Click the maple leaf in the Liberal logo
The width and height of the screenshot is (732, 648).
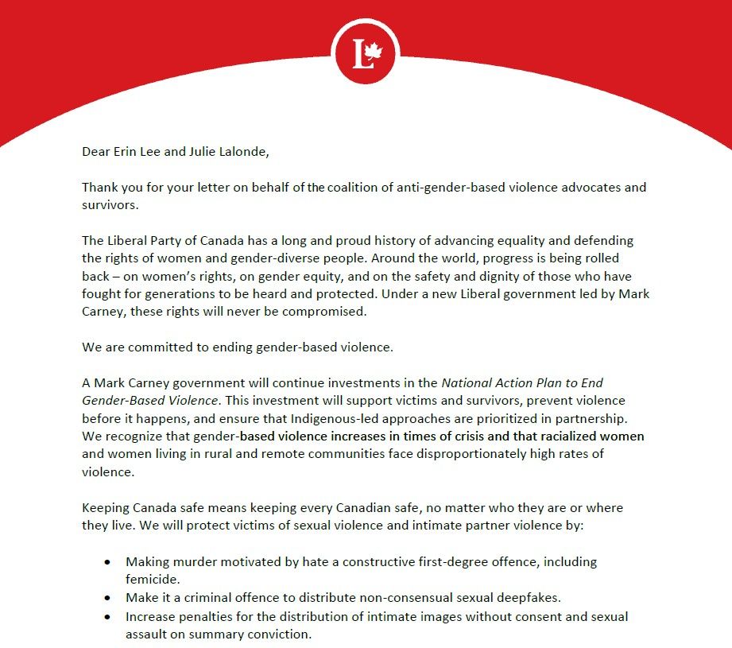pos(374,52)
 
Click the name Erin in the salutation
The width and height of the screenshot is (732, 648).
pos(126,151)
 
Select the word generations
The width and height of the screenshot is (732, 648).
pos(184,293)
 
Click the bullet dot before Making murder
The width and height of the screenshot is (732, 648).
pos(107,562)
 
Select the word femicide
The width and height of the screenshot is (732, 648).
pos(153,580)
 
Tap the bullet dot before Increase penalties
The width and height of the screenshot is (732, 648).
pos(107,617)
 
